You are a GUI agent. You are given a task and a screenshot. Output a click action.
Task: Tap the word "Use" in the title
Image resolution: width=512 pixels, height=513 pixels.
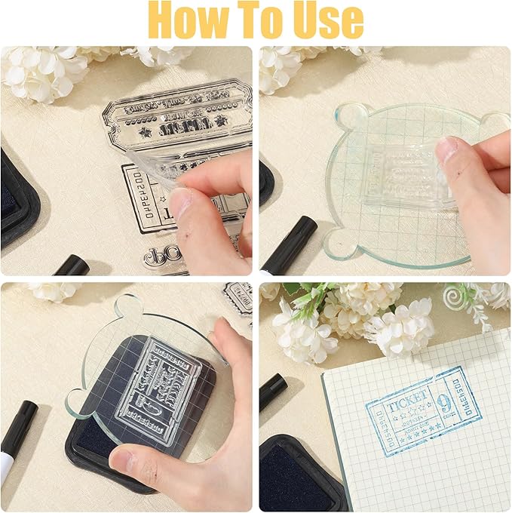[x=327, y=21]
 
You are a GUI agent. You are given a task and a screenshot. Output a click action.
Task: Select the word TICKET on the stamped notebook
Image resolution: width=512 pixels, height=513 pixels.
[x=409, y=398]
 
